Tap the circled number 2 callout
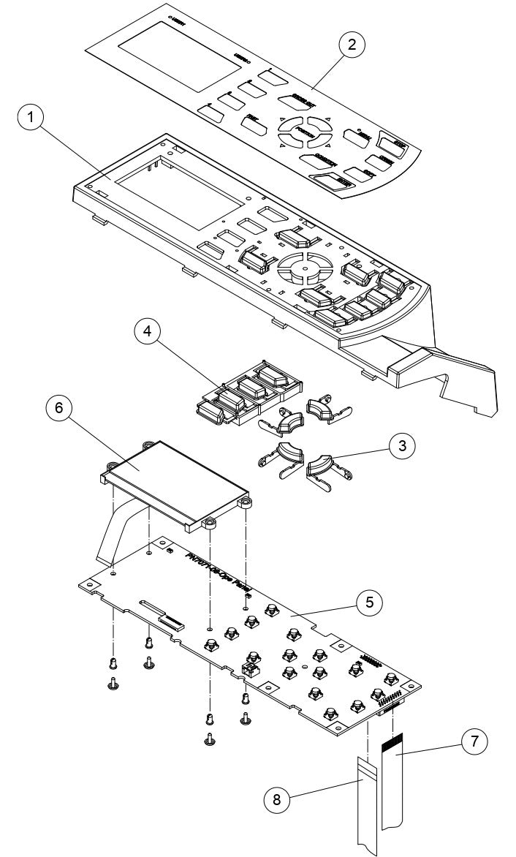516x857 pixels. point(352,45)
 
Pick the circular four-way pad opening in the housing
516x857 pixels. point(300,267)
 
